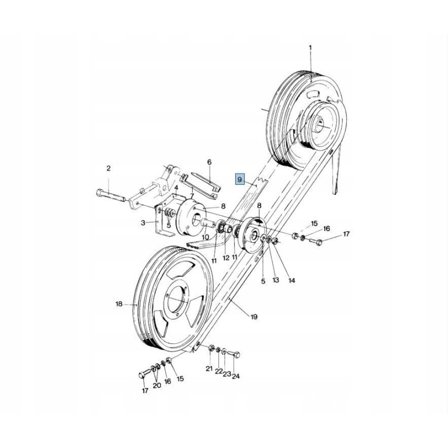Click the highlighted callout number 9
click(240, 179)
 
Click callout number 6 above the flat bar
click(209, 162)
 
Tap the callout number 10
click(205, 237)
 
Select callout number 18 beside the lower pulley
click(119, 304)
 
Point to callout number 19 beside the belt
click(254, 317)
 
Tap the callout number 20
click(156, 385)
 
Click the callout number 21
click(209, 368)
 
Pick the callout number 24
click(236, 376)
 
